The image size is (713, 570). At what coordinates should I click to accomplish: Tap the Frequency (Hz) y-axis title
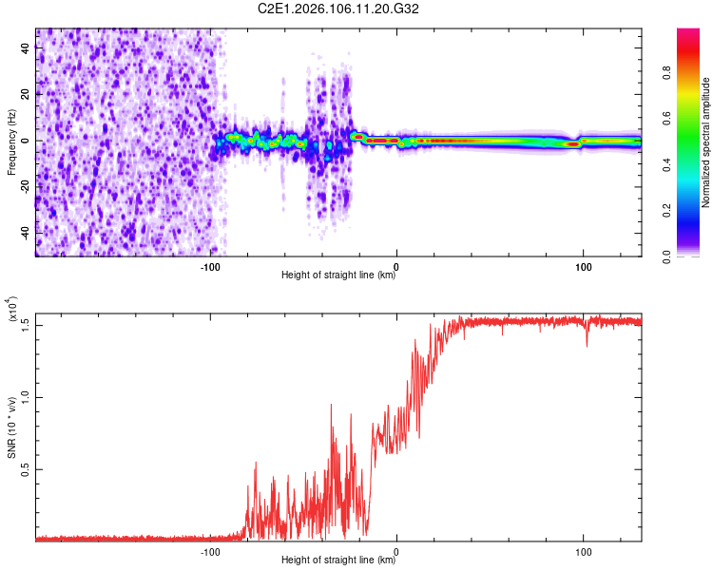[12, 142]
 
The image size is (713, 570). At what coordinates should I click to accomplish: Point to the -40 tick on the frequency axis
[24, 233]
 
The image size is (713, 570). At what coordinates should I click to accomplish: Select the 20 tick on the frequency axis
[27, 94]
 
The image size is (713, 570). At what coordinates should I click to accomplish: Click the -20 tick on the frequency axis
[24, 187]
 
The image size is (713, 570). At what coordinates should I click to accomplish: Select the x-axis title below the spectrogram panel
[338, 275]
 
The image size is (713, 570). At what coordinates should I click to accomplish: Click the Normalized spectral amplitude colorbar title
[706, 142]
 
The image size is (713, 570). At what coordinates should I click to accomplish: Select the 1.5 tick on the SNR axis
[27, 324]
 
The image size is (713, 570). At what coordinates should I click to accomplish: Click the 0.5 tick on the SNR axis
[27, 469]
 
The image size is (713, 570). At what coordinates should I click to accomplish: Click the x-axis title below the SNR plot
[338, 560]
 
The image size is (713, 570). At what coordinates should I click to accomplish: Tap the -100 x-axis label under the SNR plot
[210, 550]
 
